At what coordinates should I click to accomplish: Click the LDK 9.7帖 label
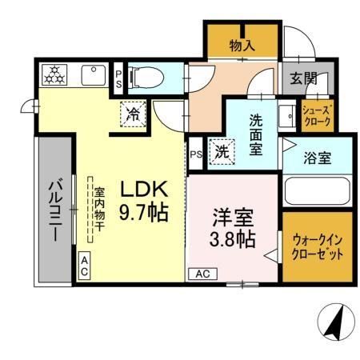(x=144, y=201)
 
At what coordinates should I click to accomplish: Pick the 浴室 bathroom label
(x=317, y=158)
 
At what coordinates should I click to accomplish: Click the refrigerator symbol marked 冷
(x=134, y=114)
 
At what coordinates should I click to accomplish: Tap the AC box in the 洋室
(x=202, y=274)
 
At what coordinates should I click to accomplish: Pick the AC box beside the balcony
(x=84, y=266)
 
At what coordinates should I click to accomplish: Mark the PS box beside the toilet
(x=118, y=78)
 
